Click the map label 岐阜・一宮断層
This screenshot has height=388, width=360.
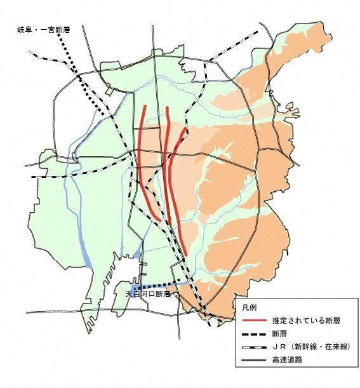coord(43,30)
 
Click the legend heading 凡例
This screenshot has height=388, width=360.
coord(250,307)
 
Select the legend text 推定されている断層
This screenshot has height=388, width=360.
coord(300,321)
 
